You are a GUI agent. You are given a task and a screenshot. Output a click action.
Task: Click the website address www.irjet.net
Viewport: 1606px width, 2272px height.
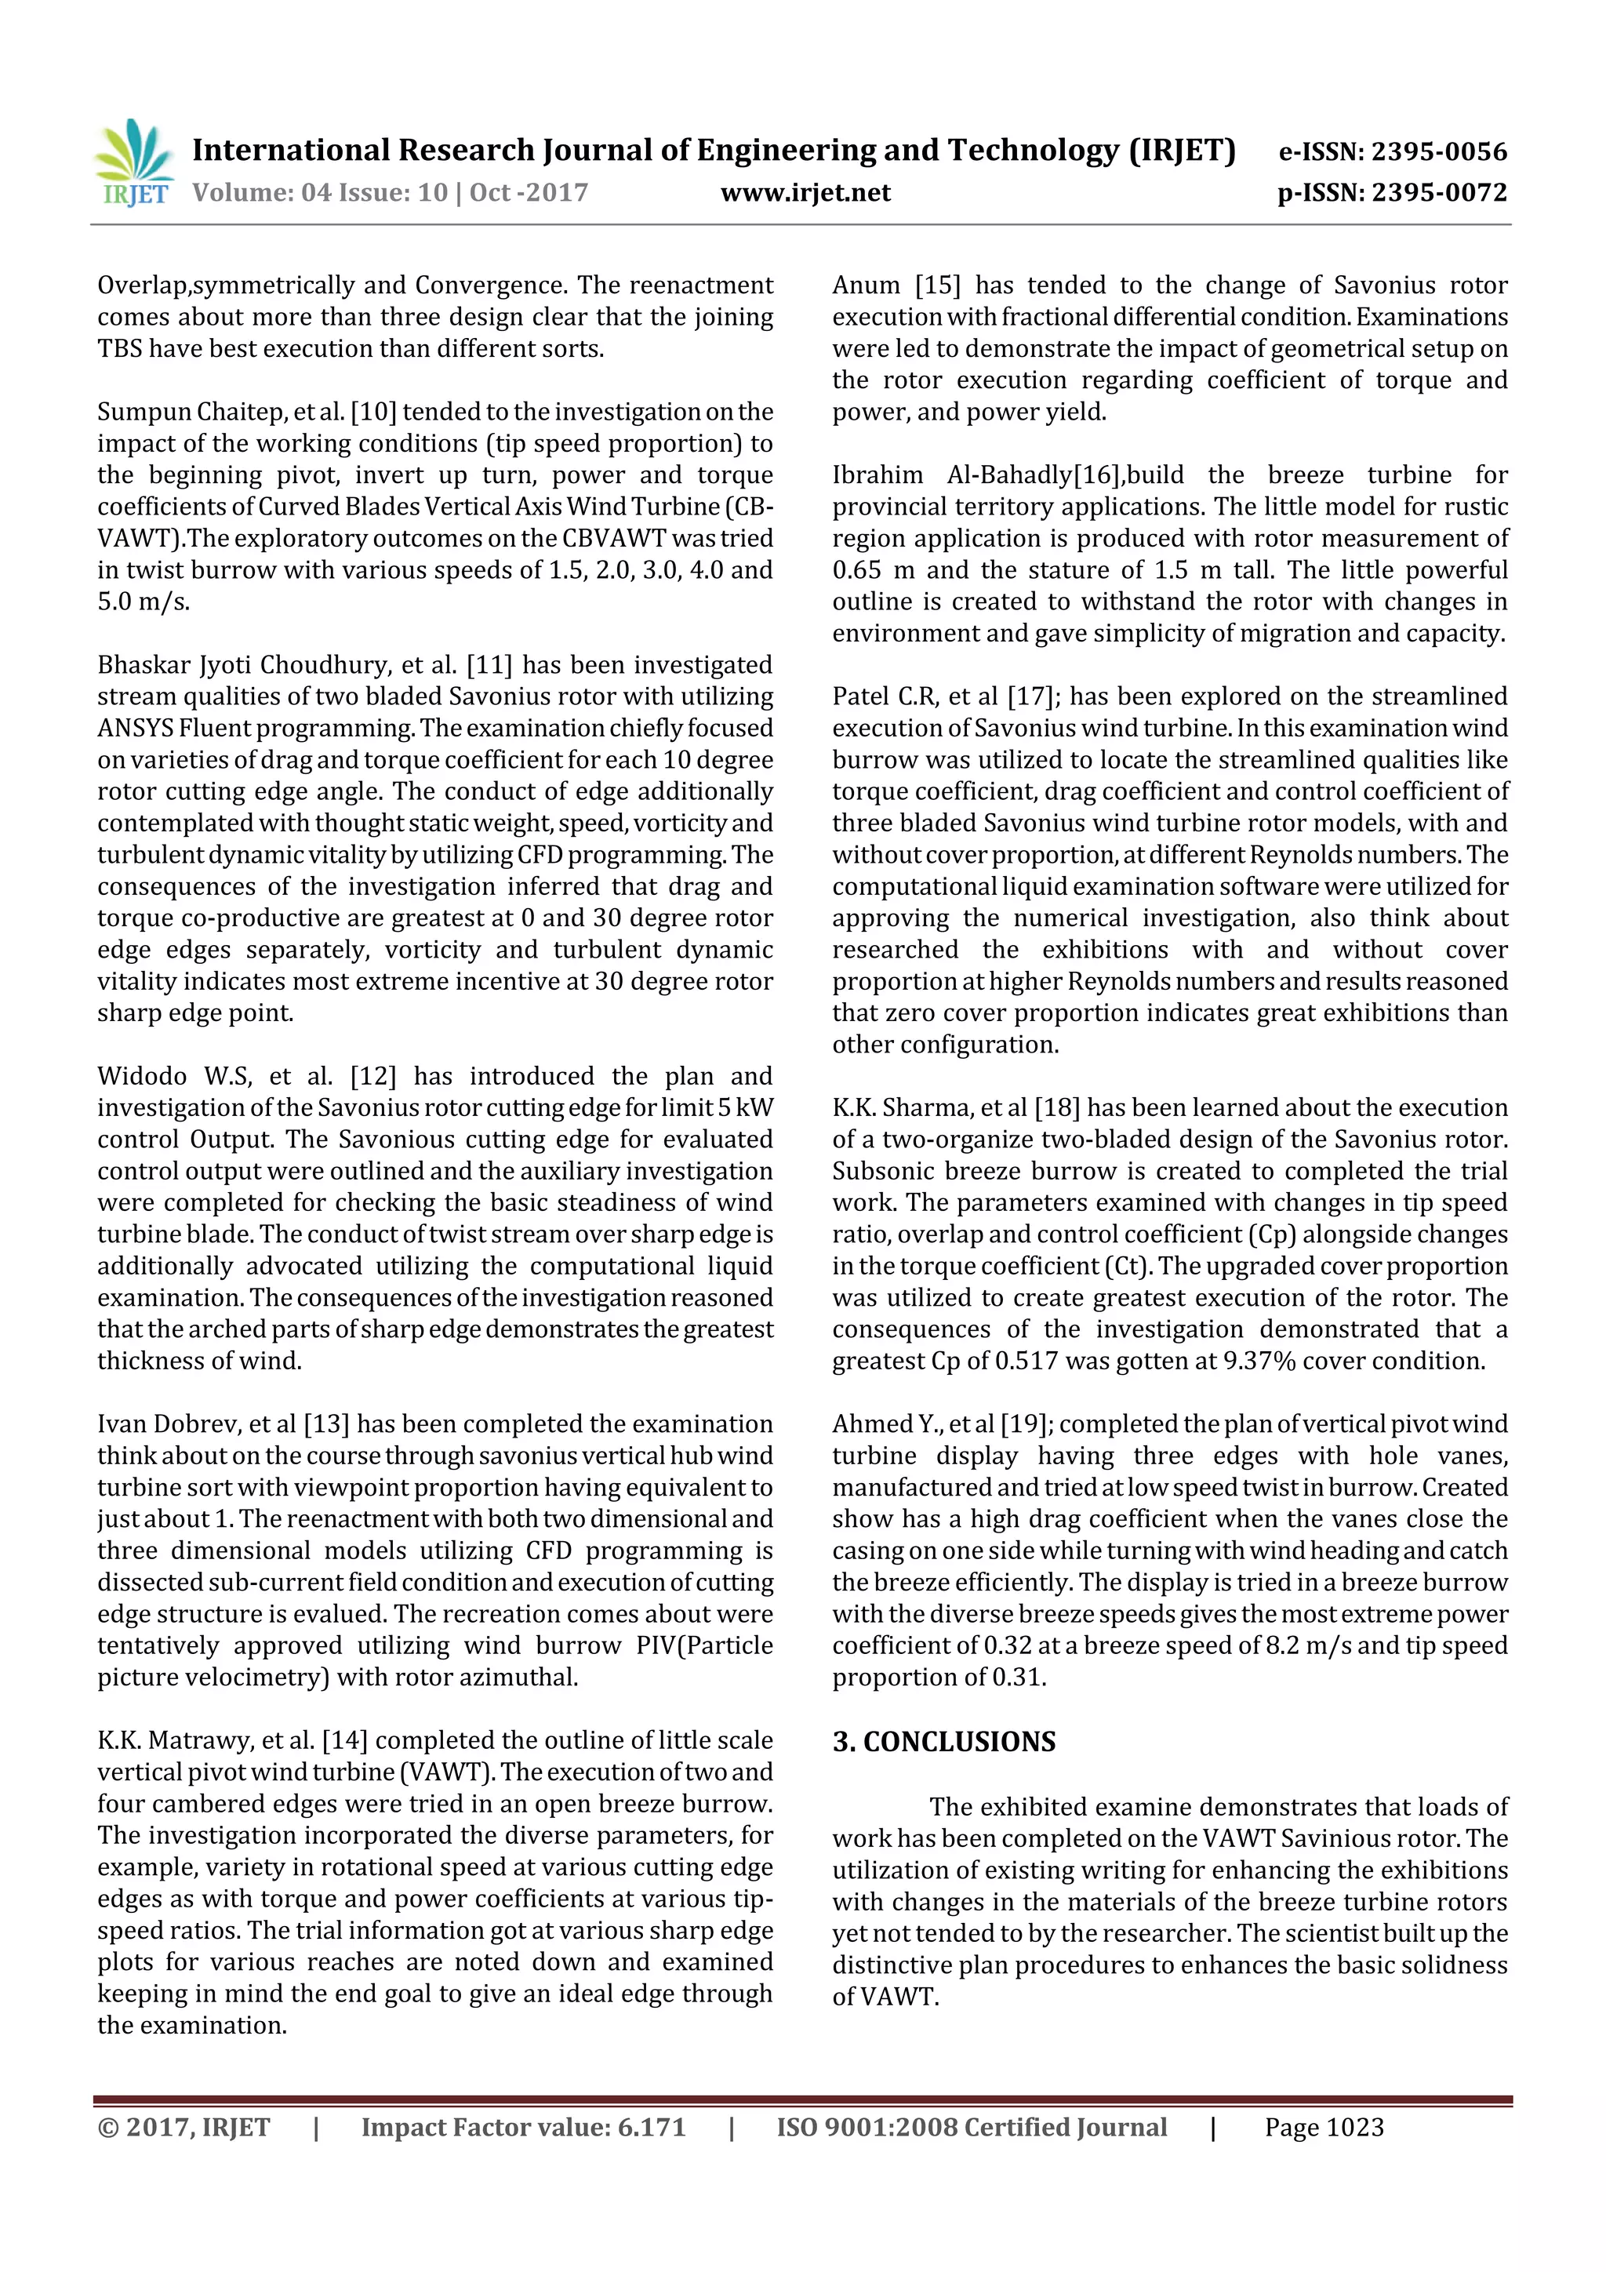805,193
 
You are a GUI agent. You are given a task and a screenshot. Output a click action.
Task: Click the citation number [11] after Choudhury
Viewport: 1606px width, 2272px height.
489,665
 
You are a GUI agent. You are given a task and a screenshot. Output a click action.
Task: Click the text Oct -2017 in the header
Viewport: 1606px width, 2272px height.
529,193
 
